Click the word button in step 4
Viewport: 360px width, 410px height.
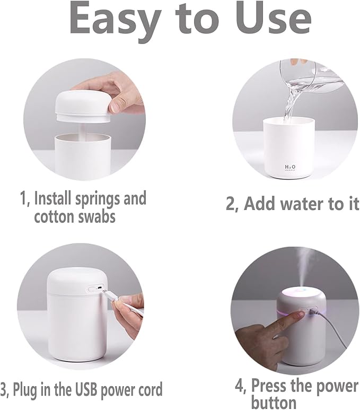coord(274,401)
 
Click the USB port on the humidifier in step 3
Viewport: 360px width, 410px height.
coord(95,289)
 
